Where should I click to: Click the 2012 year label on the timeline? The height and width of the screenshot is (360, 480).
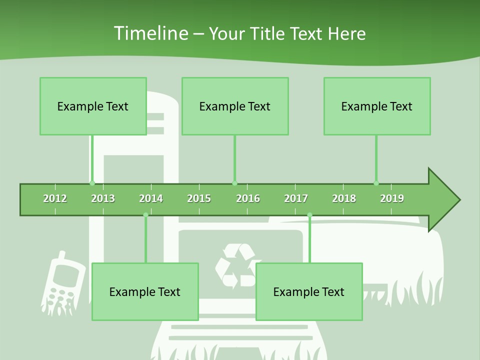point(55,198)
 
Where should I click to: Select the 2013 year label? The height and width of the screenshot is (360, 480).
point(103,198)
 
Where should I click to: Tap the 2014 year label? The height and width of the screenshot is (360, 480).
point(151,198)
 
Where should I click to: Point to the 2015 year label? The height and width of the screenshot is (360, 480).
point(199,198)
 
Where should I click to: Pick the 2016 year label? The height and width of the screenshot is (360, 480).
point(248,198)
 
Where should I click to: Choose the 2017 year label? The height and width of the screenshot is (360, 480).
point(296,198)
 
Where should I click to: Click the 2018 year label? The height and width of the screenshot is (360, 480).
point(344,198)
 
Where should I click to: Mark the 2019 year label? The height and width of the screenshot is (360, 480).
point(392,198)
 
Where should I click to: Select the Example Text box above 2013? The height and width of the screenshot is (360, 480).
point(93,106)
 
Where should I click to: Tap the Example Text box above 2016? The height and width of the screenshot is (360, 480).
point(235,106)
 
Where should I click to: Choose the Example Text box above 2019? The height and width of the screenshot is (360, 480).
point(377,106)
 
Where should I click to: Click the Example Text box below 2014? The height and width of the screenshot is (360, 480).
point(145,291)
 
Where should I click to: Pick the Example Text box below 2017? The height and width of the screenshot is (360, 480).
point(309,291)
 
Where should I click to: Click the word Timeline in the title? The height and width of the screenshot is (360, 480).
point(150,33)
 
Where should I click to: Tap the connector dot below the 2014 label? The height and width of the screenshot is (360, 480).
point(146,215)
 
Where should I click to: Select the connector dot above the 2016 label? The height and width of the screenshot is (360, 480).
point(234,183)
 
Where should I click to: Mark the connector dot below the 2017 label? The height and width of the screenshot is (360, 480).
point(309,215)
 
